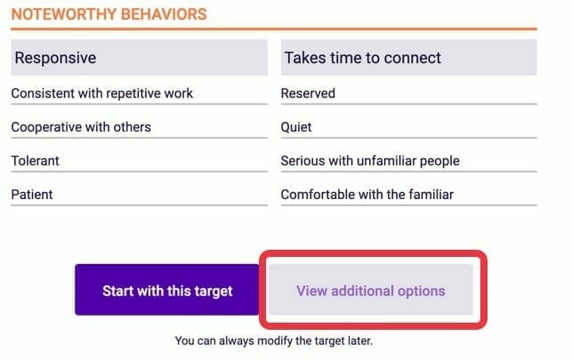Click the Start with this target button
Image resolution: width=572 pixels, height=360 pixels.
pos(167,290)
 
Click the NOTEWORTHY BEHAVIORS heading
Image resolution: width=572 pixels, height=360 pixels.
pos(109,14)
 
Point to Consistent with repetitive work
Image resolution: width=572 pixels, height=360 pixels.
pos(101,93)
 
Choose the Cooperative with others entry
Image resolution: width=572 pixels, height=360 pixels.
pos(81,127)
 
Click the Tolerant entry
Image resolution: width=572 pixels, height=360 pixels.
pos(35,161)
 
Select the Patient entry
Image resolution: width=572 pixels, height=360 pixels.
pos(32,194)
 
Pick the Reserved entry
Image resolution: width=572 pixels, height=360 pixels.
pos(308,93)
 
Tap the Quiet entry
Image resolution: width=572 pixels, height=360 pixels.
pos(296,127)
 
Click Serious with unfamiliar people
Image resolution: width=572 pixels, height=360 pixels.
pos(370,161)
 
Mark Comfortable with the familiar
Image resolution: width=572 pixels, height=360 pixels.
pos(367,194)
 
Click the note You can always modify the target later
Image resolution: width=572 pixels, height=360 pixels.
pos(274,340)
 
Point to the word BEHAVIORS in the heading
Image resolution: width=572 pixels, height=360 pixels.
pos(164,14)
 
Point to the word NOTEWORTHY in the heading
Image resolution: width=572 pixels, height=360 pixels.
pos(64,14)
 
